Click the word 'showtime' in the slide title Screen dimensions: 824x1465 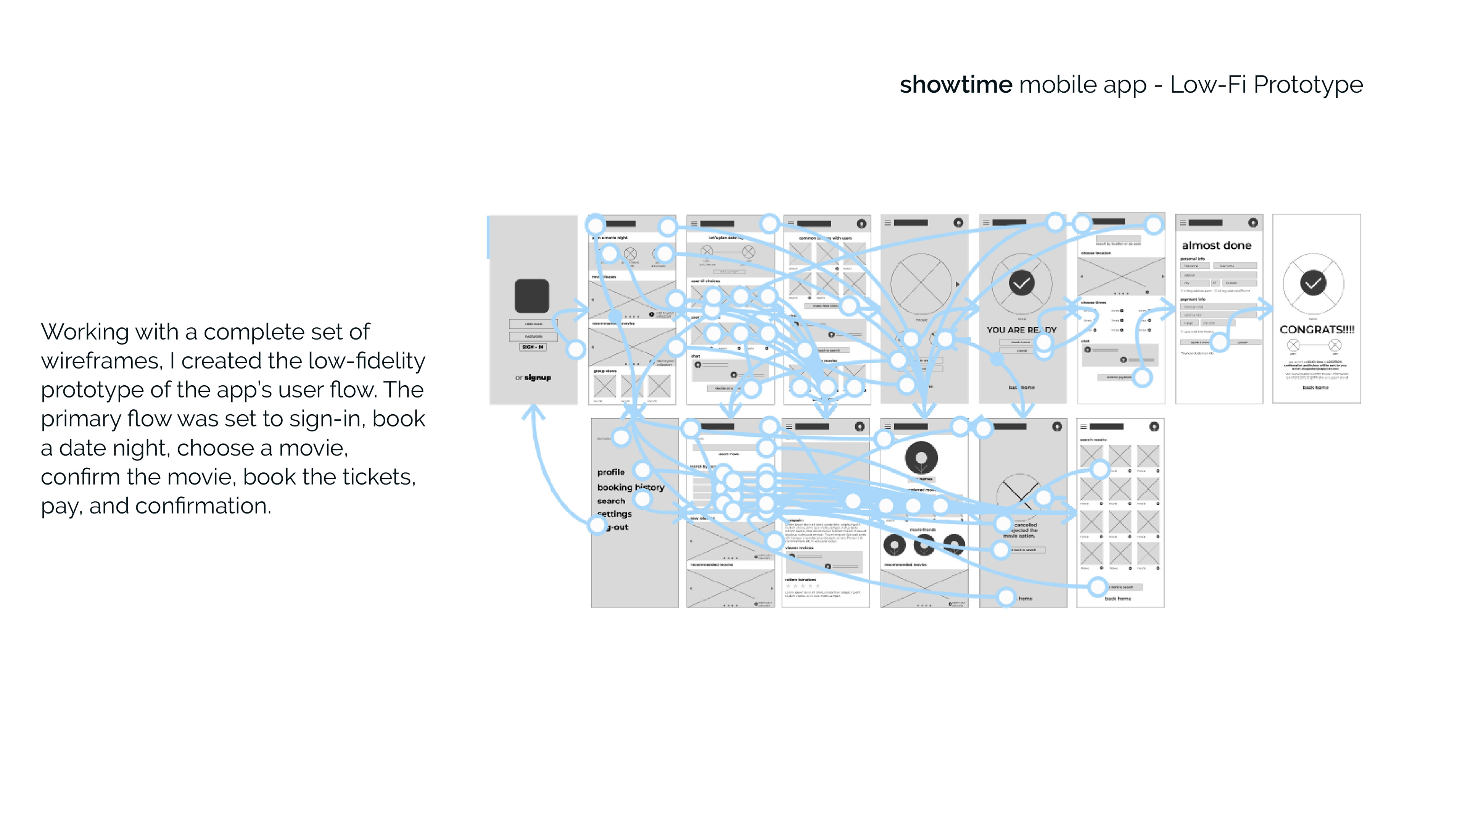point(955,85)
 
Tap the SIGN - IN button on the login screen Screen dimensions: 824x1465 point(533,346)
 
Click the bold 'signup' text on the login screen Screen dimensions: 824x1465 point(538,378)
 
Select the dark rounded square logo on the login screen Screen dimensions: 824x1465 point(532,296)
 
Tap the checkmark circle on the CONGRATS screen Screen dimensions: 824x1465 point(1313,283)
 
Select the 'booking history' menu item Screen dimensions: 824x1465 point(630,488)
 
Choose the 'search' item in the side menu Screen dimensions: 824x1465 point(611,501)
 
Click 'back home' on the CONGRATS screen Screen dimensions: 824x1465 point(1315,387)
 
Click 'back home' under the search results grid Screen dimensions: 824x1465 point(1117,598)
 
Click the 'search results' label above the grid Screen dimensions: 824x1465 point(1093,439)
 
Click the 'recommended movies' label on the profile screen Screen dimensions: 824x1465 point(905,565)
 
